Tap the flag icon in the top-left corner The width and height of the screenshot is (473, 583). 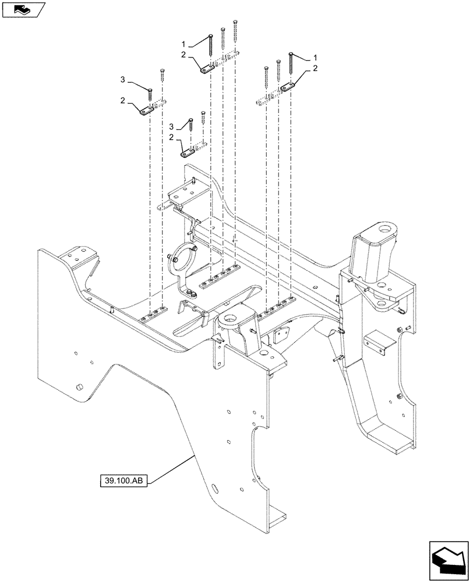coord(23,9)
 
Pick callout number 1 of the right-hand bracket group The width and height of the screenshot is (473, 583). coord(316,58)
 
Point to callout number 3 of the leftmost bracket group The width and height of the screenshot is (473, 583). coord(123,79)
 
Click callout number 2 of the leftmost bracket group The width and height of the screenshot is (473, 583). coord(123,101)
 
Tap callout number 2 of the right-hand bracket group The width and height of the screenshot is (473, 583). coord(316,69)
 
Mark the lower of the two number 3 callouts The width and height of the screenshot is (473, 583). coord(172,127)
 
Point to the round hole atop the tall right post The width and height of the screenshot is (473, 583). coord(383,232)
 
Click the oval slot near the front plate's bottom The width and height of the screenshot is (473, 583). coord(214,487)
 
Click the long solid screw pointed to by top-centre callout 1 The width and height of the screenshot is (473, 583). coord(210,48)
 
